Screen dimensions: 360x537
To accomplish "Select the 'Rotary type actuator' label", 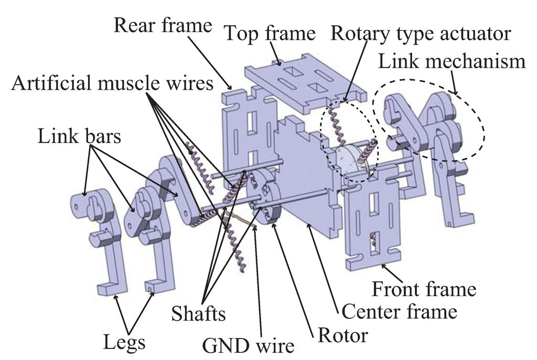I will [420, 34].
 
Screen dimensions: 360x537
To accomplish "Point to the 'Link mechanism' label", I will [452, 62].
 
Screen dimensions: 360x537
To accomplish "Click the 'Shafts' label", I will [199, 314].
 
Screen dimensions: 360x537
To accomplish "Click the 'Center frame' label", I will [399, 312].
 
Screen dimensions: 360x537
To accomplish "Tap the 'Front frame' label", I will [423, 288].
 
